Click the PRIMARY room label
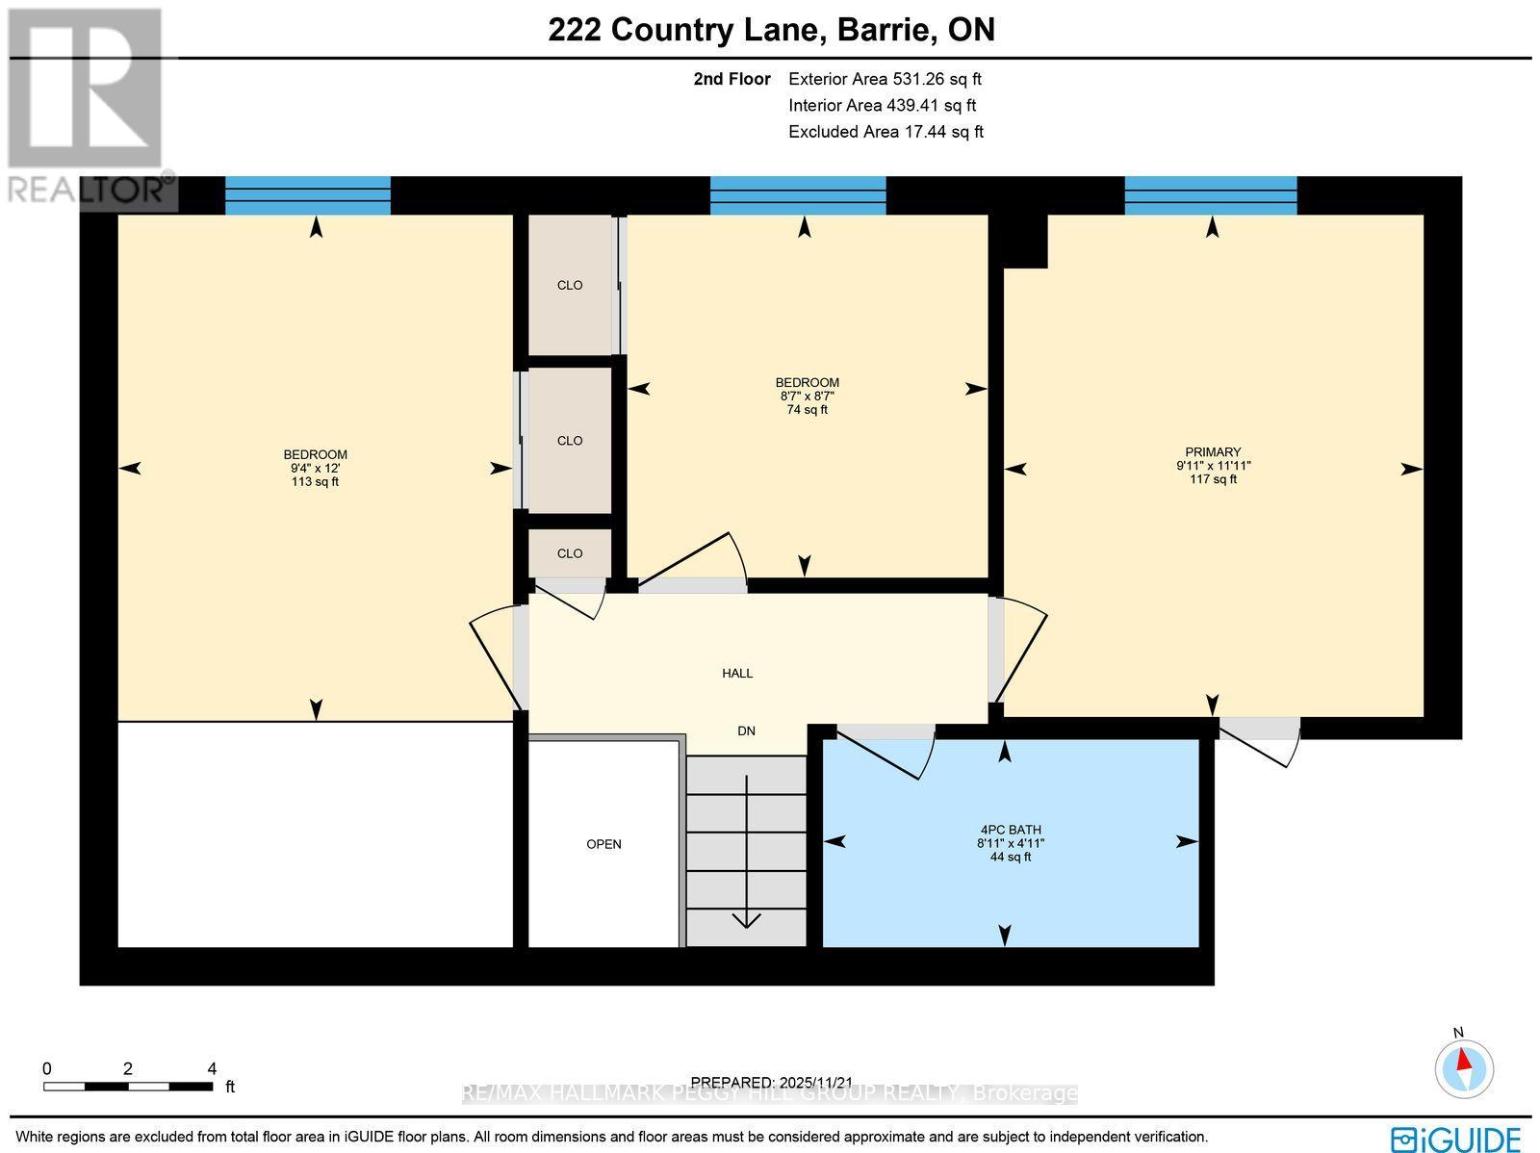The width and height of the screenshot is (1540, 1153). pyautogui.click(x=1213, y=452)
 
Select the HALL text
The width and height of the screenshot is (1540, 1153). pyautogui.click(x=737, y=674)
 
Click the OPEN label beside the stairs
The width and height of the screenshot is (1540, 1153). pyautogui.click(x=604, y=844)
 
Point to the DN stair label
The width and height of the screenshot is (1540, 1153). pyautogui.click(x=746, y=731)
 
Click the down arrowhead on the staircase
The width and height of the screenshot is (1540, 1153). pyautogui.click(x=746, y=920)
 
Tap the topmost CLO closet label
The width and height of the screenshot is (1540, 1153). pyautogui.click(x=570, y=286)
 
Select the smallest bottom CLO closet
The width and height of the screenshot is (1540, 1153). pyautogui.click(x=570, y=553)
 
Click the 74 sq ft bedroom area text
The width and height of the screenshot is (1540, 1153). pyautogui.click(x=807, y=410)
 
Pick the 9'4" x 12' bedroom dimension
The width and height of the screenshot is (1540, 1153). pyautogui.click(x=316, y=469)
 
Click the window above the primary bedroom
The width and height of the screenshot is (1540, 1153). pyautogui.click(x=1211, y=195)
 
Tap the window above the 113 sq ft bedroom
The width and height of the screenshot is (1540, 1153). pyautogui.click(x=308, y=195)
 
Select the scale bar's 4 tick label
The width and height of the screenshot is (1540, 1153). pyautogui.click(x=212, y=1068)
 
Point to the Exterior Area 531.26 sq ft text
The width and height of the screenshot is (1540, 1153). pyautogui.click(x=885, y=80)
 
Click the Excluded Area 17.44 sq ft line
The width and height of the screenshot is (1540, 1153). pyautogui.click(x=885, y=132)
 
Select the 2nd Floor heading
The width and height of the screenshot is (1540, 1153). pyautogui.click(x=731, y=80)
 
